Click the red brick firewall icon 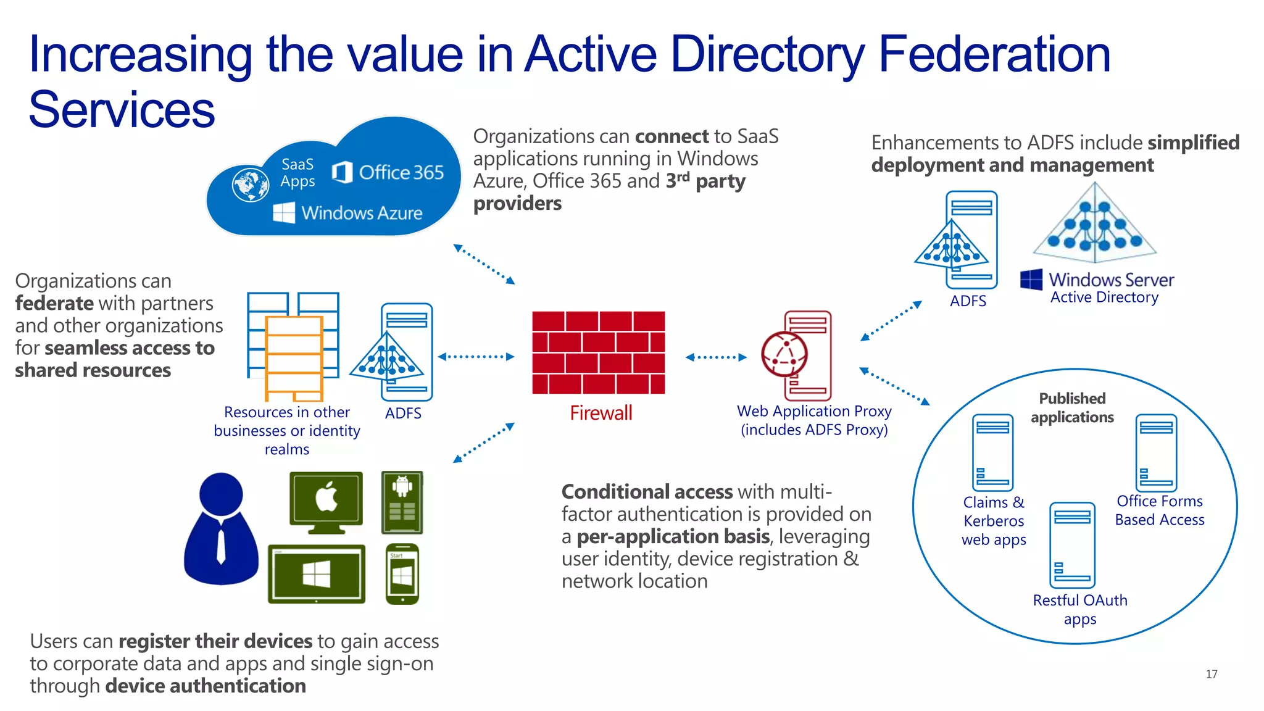598,352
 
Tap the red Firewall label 601,413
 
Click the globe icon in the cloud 250,185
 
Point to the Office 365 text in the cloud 401,172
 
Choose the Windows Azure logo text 361,213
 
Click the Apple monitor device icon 326,502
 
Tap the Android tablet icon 402,502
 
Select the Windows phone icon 402,574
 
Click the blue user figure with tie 221,529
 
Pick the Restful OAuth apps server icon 1072,544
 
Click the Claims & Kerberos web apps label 994,521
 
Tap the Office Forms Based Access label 1159,510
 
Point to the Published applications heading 1072,407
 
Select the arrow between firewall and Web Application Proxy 715,357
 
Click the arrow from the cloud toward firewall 484,264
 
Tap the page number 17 1211,674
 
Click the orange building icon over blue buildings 294,358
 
